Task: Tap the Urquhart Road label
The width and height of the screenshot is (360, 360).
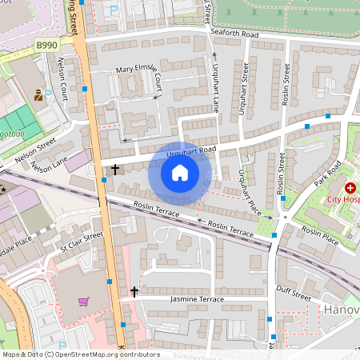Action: tap(192, 150)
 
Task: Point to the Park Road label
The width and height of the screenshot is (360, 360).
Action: tap(328, 173)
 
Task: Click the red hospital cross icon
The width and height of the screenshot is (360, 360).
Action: tap(350, 186)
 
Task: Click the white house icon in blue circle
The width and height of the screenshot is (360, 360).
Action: tap(180, 172)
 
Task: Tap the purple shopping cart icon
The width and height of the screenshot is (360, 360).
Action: tap(84, 302)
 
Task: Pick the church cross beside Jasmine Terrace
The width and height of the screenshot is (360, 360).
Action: tap(134, 291)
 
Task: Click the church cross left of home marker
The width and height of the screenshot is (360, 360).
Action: tap(115, 170)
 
